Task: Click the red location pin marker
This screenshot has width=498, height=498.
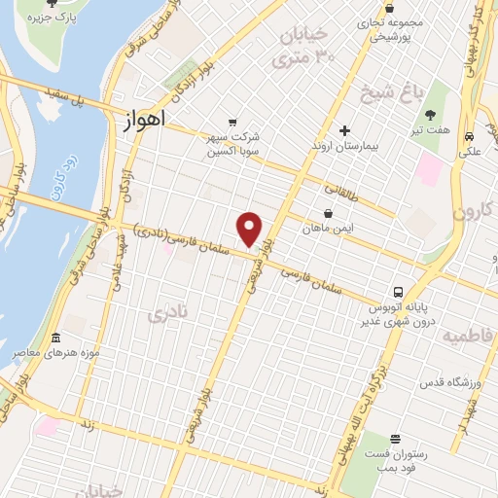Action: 250,230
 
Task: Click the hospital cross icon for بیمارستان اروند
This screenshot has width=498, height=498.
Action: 344,130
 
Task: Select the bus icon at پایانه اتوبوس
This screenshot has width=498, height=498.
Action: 398,292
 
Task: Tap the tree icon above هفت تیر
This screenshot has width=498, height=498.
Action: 429,115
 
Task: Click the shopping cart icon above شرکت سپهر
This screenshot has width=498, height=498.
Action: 231,123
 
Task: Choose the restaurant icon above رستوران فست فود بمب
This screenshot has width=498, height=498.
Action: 394,440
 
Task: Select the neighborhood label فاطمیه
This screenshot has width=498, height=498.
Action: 468,336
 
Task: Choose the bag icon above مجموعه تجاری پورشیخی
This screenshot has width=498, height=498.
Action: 389,8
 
